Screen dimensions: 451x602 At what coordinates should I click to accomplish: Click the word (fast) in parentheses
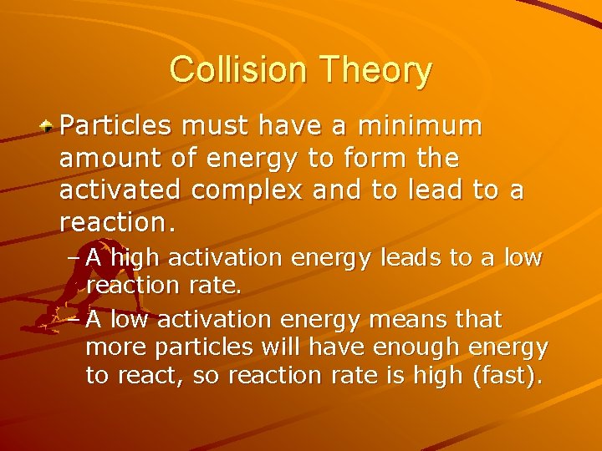[507, 376]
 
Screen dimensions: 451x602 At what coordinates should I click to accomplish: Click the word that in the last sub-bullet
[481, 319]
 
